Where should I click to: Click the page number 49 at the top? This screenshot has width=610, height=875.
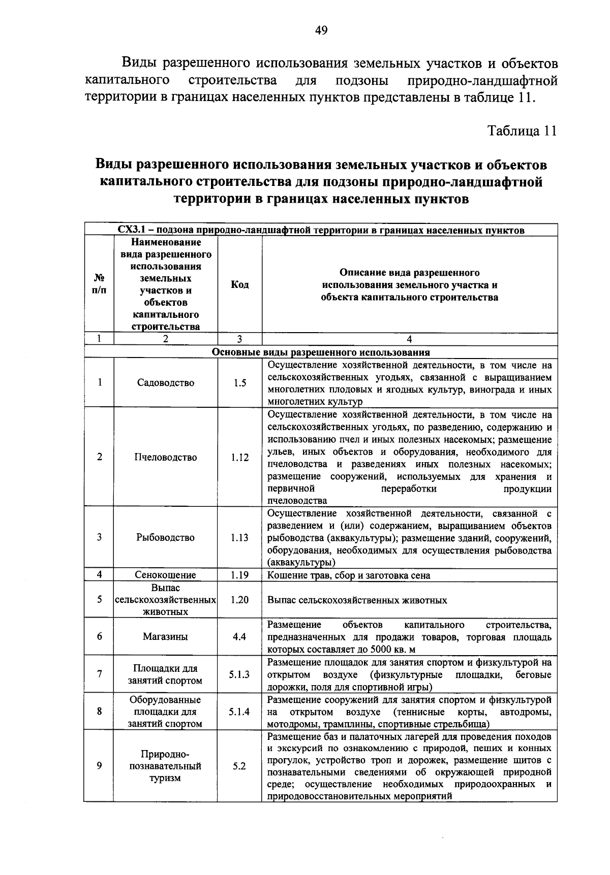tap(321, 30)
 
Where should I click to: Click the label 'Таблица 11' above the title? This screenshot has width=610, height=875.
tap(522, 131)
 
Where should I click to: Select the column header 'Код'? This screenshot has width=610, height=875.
tap(239, 285)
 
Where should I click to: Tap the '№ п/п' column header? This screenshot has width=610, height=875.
tap(100, 284)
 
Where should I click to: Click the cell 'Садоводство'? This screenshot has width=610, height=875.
tap(166, 383)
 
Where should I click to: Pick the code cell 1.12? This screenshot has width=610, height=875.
tap(239, 457)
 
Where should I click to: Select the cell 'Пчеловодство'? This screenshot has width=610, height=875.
tap(166, 457)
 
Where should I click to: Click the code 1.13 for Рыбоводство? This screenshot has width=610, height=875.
tap(239, 537)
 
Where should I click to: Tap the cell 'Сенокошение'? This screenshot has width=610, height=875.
tap(166, 575)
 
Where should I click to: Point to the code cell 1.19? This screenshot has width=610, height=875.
tap(239, 575)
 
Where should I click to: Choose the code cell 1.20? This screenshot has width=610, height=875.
tap(239, 600)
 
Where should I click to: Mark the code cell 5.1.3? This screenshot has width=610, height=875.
tap(239, 674)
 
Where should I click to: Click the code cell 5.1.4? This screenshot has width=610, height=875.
tap(239, 711)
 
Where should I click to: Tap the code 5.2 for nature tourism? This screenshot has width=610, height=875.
tap(239, 766)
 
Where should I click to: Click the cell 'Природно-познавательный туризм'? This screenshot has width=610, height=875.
tap(166, 766)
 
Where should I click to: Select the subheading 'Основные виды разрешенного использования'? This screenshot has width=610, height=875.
tap(321, 352)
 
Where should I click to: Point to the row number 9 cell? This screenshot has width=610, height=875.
tap(100, 766)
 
